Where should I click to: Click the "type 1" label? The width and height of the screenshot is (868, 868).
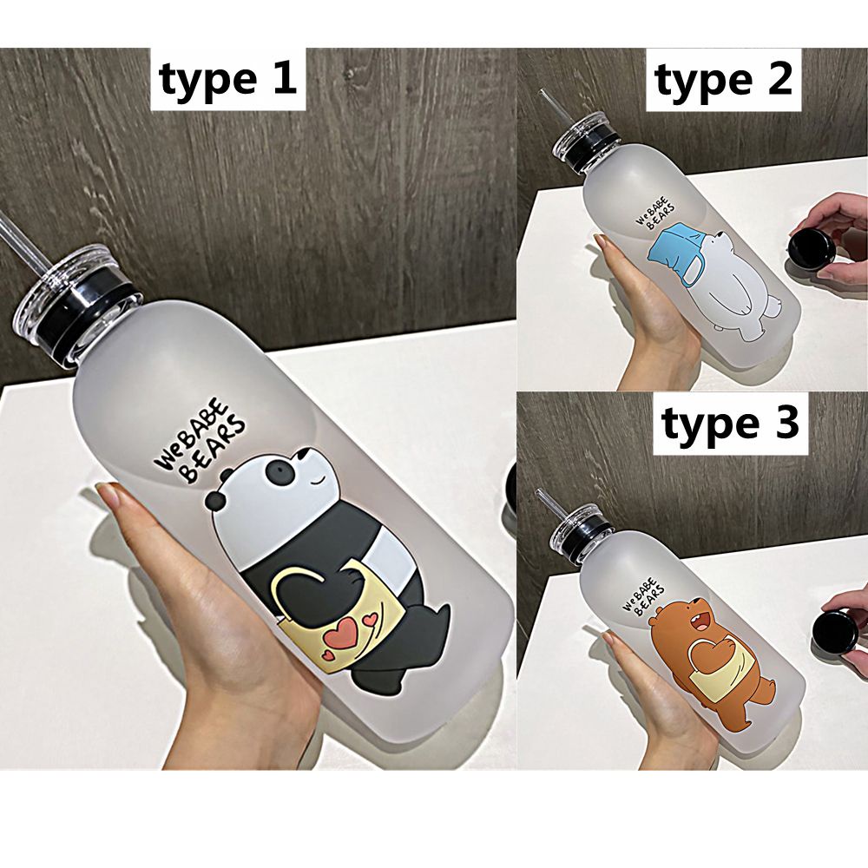point(227,80)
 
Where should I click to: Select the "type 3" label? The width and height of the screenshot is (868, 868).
point(731,425)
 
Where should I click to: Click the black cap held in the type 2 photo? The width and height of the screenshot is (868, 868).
point(812,248)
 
